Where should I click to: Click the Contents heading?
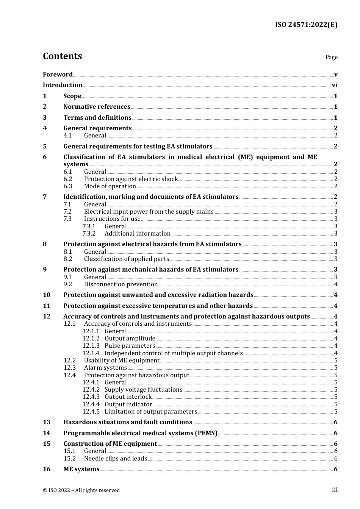click(x=62, y=56)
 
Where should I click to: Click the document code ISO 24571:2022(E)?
click(x=306, y=25)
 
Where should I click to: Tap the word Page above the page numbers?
click(x=331, y=57)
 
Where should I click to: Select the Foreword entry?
click(x=58, y=74)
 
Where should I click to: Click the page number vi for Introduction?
click(x=335, y=85)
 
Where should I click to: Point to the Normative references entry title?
click(x=97, y=107)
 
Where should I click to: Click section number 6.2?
click(x=68, y=179)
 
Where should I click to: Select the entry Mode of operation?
click(x=110, y=186)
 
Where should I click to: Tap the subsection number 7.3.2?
click(x=89, y=233)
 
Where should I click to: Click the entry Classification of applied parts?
click(x=127, y=259)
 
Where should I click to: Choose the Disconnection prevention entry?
click(x=121, y=284)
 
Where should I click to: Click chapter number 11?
click(x=47, y=306)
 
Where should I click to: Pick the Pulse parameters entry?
click(x=130, y=345)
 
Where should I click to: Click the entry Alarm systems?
click(x=105, y=367)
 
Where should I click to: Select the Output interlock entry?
click(x=128, y=397)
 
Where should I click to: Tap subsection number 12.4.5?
click(x=91, y=411)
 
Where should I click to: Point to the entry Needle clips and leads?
click(x=116, y=458)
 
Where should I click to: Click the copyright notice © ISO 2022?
click(x=81, y=490)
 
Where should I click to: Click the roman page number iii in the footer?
click(x=335, y=490)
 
